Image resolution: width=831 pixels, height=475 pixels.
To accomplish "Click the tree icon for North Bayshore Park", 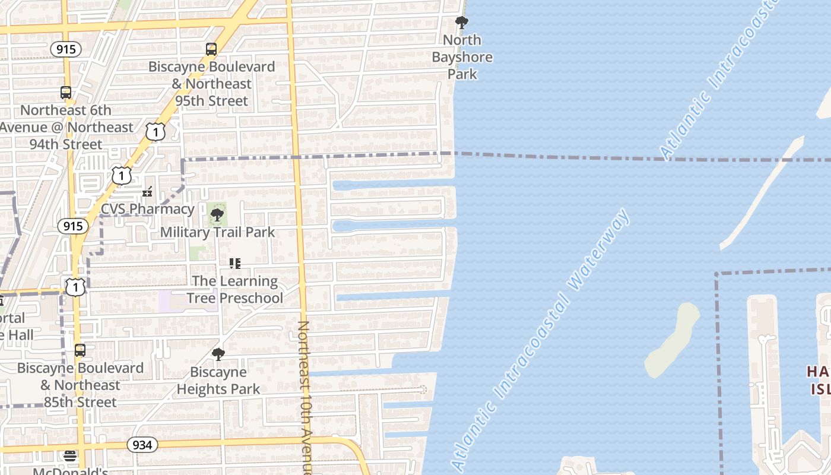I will click(x=461, y=23).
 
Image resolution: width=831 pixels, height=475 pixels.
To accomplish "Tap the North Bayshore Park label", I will click(x=462, y=57).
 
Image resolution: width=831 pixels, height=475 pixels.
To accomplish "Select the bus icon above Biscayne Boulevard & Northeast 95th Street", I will click(x=211, y=49).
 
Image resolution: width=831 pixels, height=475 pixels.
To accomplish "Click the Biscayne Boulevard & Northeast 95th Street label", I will click(x=211, y=84).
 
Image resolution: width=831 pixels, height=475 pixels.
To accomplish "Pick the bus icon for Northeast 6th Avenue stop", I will click(x=66, y=93).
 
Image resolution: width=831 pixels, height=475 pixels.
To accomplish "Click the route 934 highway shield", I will click(x=142, y=445).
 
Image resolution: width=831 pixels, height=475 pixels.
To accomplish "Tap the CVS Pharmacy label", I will click(x=147, y=209).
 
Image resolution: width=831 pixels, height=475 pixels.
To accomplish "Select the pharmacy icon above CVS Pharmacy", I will click(x=147, y=192).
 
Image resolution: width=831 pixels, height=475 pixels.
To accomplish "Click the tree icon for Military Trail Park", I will click(x=217, y=214).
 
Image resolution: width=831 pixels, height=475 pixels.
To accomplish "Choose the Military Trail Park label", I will click(x=217, y=232).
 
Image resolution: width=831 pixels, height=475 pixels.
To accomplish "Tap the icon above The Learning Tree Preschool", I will click(x=235, y=263).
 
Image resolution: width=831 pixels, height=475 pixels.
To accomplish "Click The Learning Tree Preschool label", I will click(x=235, y=289).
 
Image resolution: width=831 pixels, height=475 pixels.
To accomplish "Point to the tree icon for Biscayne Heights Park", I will click(x=218, y=354).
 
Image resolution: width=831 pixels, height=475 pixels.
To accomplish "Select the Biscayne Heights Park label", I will click(x=218, y=381).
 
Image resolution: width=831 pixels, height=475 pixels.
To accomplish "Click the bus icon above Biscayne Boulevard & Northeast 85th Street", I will click(x=80, y=350).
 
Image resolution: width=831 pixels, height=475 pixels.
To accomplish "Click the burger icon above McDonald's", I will click(x=71, y=456).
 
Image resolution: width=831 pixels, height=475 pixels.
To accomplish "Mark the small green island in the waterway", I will click(x=673, y=341).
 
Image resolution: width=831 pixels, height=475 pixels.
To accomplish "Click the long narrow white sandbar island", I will click(x=762, y=193).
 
